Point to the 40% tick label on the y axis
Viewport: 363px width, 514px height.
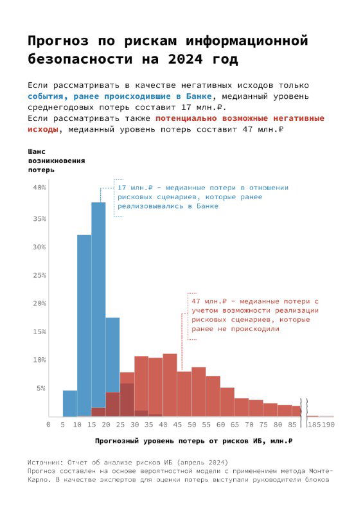(x=39, y=188)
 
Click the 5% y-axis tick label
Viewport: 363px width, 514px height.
(x=41, y=388)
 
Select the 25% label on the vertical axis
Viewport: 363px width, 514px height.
(x=39, y=275)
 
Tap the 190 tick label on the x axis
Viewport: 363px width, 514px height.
(x=328, y=425)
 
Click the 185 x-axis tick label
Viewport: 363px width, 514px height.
(x=314, y=425)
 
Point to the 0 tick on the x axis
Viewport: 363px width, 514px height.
(x=48, y=425)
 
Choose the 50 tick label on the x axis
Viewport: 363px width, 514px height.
(x=191, y=425)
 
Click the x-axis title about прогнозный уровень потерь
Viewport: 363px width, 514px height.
(x=193, y=441)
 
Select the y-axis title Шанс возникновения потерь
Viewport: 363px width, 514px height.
(x=56, y=161)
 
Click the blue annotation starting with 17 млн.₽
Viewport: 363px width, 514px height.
(x=202, y=197)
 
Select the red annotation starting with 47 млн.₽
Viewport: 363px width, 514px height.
(x=255, y=315)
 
